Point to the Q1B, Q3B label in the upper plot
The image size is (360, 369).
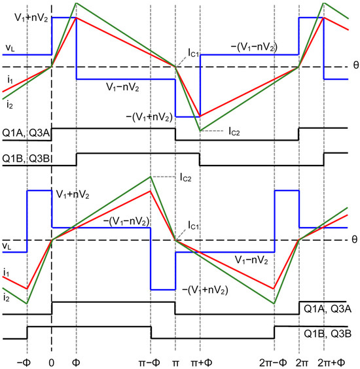click(23, 158)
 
